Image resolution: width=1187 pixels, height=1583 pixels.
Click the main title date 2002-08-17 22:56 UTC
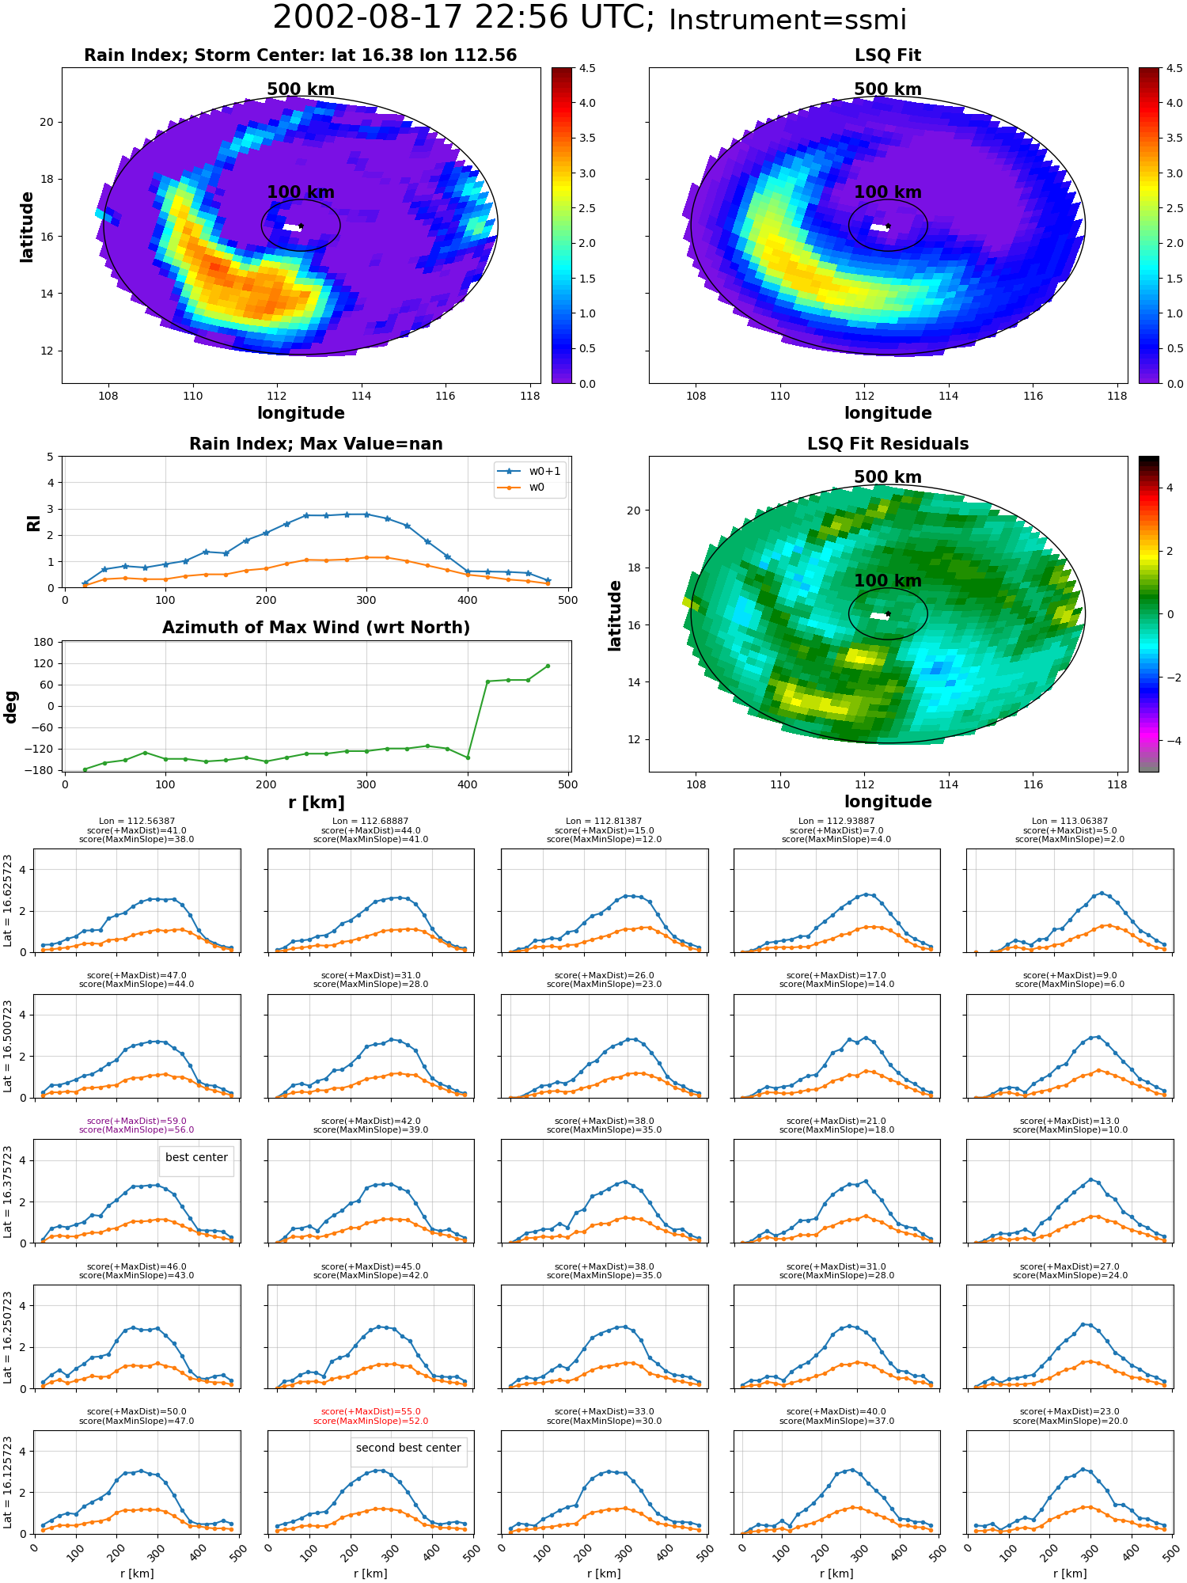pos(463,18)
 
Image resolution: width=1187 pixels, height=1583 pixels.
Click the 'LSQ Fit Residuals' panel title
pos(888,444)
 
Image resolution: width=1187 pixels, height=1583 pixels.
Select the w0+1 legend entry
pos(529,471)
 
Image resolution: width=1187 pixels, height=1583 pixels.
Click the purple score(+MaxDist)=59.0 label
pos(137,1121)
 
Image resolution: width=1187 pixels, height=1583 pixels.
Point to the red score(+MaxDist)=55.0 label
pos(371,1411)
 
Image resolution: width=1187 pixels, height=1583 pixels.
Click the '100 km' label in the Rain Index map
pos(301,192)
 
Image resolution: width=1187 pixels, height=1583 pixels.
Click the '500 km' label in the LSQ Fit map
pos(888,89)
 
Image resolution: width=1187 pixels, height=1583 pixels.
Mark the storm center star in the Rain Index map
pos(301,226)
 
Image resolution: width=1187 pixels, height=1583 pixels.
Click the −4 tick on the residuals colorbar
pos(1170,740)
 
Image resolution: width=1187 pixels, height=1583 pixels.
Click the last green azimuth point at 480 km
pos(548,666)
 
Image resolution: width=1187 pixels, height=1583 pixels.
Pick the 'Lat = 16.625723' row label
pos(8,901)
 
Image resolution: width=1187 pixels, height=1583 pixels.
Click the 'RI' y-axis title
pos(33,522)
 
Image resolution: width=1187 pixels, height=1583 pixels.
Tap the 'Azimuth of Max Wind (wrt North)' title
pos(317,628)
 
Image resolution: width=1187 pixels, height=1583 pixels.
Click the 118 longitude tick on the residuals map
pos(1117,784)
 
